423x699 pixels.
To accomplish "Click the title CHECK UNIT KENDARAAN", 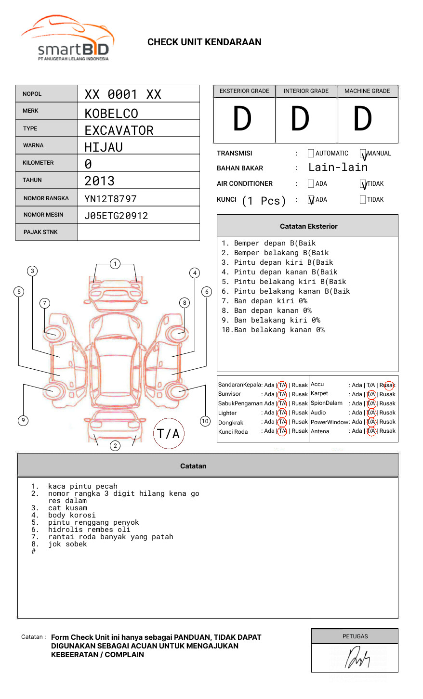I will (204, 42).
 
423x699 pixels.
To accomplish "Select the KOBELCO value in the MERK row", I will (111, 114).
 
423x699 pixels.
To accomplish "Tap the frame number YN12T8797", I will (110, 199).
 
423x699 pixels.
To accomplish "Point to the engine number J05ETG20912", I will (116, 216).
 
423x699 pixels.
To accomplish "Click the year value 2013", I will (99, 181).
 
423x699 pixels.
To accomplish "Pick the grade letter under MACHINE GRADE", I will (362, 119).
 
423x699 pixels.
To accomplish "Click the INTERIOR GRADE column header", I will (306, 91).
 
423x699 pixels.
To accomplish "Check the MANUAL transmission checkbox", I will (363, 154).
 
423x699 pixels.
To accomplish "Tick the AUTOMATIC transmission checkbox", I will (311, 154).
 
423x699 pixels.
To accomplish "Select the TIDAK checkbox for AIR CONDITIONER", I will (363, 184).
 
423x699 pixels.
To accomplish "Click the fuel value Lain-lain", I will (338, 168).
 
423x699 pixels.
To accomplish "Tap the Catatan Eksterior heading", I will (308, 226).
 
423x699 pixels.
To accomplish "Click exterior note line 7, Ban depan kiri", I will (264, 301).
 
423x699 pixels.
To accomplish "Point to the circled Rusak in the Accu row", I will (388, 385).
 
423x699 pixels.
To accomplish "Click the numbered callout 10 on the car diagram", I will (205, 421).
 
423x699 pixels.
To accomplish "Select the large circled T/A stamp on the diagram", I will (169, 434).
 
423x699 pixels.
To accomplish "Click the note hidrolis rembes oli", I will (89, 530).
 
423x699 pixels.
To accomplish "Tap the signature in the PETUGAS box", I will (357, 658).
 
